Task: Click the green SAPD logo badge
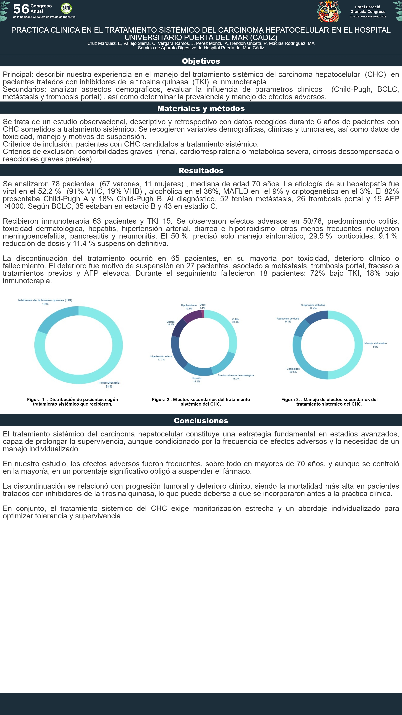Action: [x=66, y=8]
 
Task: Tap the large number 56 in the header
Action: [x=21, y=9]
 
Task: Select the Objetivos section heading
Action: [x=201, y=61]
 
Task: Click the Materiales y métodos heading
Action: [x=201, y=108]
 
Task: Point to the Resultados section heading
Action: [x=201, y=170]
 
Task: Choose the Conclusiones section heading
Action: [x=201, y=420]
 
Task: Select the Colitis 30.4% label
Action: [x=235, y=321]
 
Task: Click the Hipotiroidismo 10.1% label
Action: [x=189, y=307]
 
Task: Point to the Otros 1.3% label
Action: [x=202, y=306]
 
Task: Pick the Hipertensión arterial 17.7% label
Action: [x=161, y=358]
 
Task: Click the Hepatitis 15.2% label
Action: [x=196, y=380]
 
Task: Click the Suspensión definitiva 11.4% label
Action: [x=313, y=307]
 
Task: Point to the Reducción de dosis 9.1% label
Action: [x=288, y=320]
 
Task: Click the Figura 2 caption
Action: [x=201, y=402]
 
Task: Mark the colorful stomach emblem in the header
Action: [x=329, y=12]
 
